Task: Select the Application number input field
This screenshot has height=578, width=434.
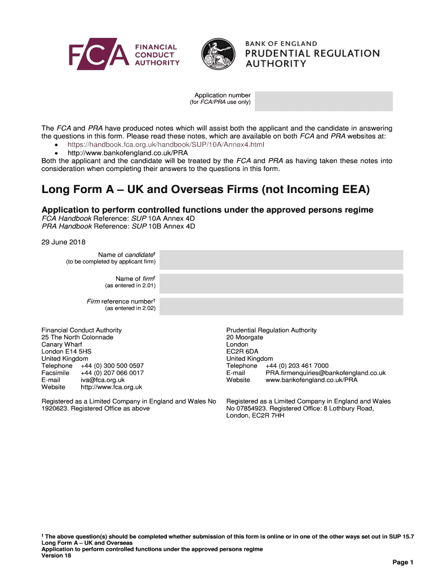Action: (324, 101)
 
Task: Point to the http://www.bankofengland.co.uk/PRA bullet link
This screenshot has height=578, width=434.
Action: (127, 152)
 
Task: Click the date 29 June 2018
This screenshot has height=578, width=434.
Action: (64, 243)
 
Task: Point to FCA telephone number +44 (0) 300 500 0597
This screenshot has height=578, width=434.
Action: (112, 366)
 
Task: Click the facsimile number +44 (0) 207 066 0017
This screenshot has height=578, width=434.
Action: (112, 373)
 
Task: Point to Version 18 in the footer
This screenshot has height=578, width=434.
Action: (56, 555)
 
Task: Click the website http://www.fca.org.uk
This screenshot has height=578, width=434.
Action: (112, 387)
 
